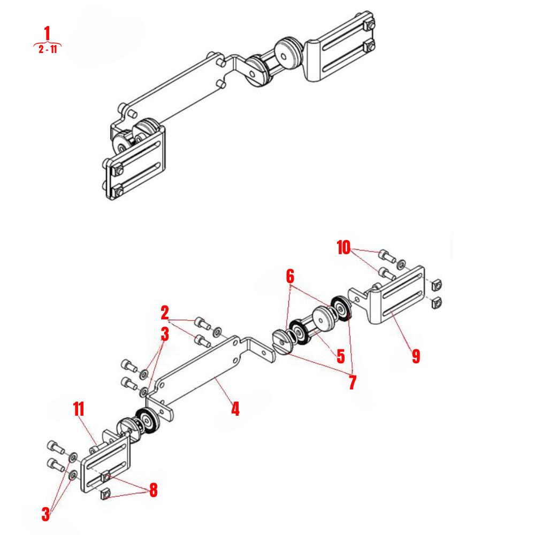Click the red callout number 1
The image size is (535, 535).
click(x=48, y=33)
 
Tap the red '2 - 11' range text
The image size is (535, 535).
click(x=48, y=50)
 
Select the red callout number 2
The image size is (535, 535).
click(x=165, y=312)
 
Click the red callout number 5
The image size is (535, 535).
click(x=341, y=357)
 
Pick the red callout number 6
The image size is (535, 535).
click(x=290, y=277)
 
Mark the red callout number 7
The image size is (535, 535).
click(x=352, y=383)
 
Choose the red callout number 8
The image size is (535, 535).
click(x=154, y=490)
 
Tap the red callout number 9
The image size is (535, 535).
click(x=416, y=356)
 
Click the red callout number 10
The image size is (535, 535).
click(x=343, y=248)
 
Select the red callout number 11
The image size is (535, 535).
click(x=79, y=409)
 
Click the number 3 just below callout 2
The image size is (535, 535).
click(x=165, y=334)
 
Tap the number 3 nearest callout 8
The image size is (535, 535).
click(x=46, y=515)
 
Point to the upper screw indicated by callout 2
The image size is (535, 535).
click(x=202, y=323)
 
